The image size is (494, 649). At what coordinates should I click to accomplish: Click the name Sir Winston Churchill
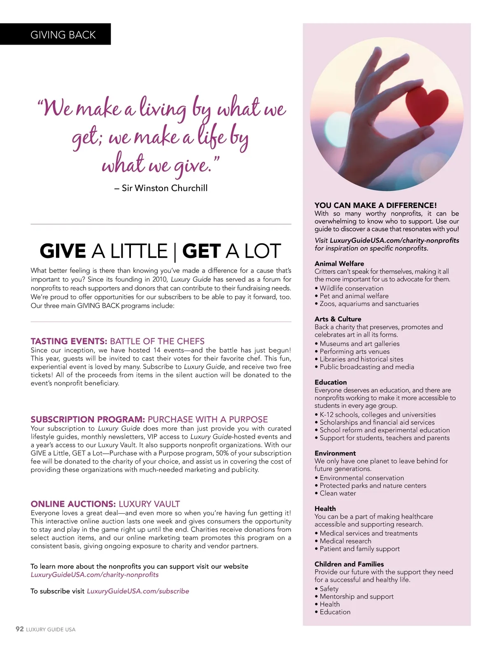click(x=164, y=188)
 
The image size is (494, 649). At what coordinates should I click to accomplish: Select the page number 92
click(x=19, y=629)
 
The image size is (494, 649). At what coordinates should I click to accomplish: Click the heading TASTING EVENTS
click(x=69, y=341)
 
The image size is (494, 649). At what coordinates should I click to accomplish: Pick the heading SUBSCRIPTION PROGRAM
click(x=87, y=419)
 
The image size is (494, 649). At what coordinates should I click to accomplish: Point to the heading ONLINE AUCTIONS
click(x=73, y=504)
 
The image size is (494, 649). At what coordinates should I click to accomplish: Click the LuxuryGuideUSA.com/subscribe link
click(x=138, y=591)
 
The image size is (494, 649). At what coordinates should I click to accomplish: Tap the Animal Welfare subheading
click(x=339, y=264)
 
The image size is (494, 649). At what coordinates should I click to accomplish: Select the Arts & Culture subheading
click(x=338, y=319)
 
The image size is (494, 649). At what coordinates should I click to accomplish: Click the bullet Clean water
click(x=338, y=493)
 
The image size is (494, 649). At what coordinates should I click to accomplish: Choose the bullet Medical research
click(x=345, y=541)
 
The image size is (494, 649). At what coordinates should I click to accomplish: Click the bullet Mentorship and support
click(x=357, y=597)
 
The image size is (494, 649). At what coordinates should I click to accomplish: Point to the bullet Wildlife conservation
click(x=351, y=288)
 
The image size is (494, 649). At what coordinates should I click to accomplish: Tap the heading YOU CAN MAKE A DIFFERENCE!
click(x=375, y=205)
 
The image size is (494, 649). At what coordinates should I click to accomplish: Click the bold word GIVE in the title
click(x=63, y=251)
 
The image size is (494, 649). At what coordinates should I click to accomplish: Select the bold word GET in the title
click(x=201, y=251)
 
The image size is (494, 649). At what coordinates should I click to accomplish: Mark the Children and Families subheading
click(x=349, y=564)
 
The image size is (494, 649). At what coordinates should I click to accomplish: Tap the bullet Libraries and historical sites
click(x=361, y=359)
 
